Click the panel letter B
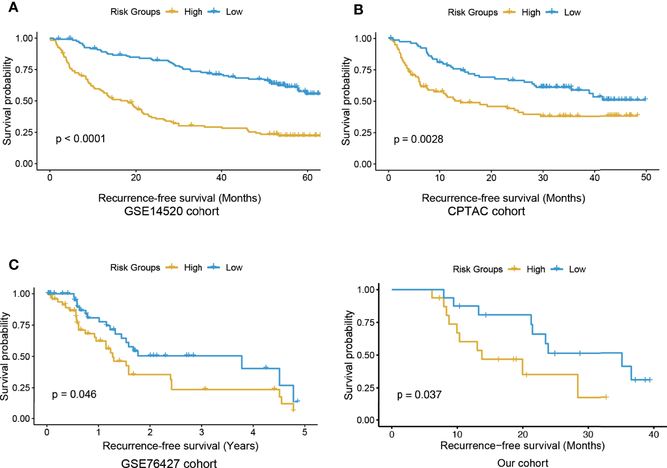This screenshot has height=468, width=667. [x=359, y=9]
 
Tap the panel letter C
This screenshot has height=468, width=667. [x=14, y=264]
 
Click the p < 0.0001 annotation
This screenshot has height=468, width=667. [x=81, y=139]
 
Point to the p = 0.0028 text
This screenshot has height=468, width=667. [x=419, y=139]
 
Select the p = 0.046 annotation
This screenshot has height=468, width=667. [x=74, y=394]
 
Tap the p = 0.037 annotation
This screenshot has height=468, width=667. [x=419, y=395]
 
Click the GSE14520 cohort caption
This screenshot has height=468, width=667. [x=172, y=211]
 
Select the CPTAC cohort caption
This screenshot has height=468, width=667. [x=486, y=211]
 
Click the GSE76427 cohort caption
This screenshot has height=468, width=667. [x=169, y=463]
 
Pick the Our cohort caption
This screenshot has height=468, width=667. [x=523, y=463]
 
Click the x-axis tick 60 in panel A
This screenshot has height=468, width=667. [x=307, y=177]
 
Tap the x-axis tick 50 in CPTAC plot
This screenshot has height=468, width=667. [x=646, y=177]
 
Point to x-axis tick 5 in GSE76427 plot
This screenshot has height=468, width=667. [x=304, y=432]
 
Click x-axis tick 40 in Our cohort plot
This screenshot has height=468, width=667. [x=654, y=434]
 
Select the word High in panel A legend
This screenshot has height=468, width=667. [x=193, y=12]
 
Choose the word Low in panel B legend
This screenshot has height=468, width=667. [x=572, y=12]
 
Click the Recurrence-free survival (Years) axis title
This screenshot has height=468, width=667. [x=181, y=446]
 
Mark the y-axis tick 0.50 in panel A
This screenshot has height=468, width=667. [x=24, y=101]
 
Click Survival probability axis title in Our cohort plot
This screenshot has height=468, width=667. [x=349, y=355]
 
